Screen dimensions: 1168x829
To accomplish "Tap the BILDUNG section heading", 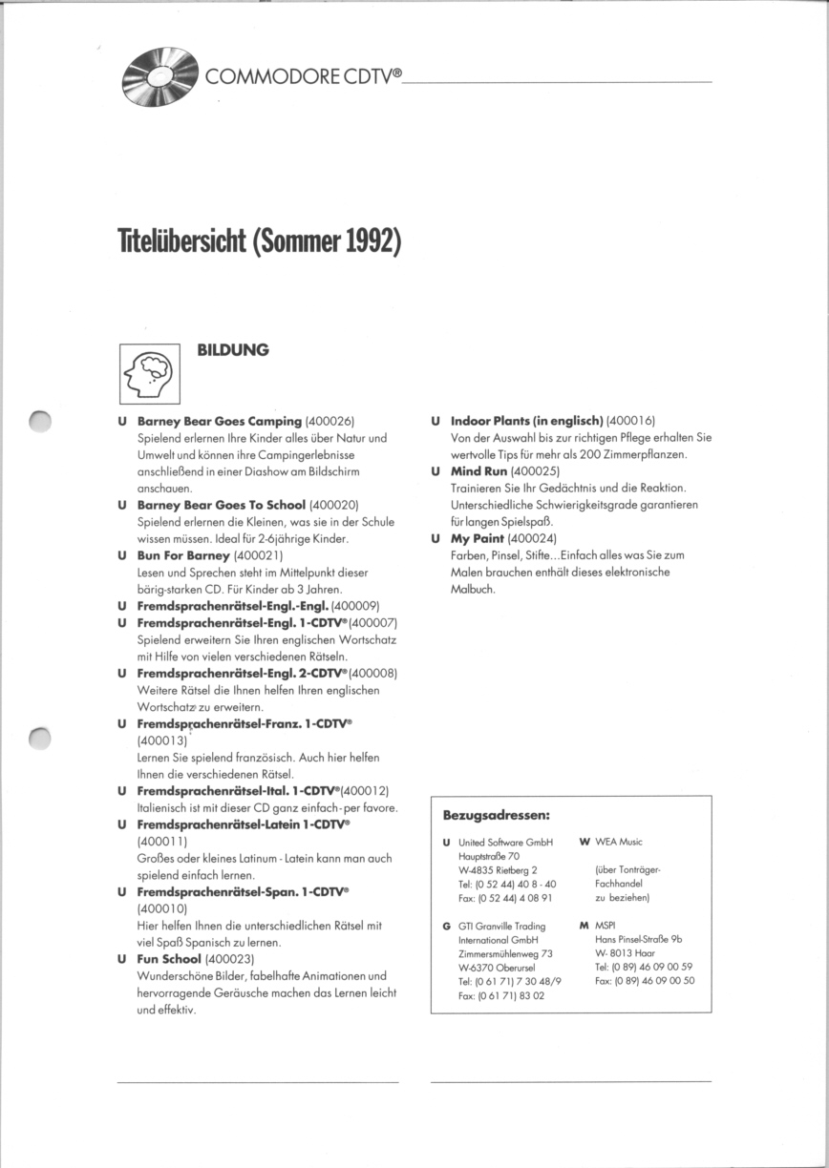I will click(x=232, y=350).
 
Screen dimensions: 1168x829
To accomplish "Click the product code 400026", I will click(x=330, y=421).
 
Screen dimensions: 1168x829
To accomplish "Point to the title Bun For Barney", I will click(x=183, y=554).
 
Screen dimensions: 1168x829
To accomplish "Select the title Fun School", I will click(x=169, y=958).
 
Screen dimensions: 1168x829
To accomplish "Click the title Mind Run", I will click(x=478, y=471).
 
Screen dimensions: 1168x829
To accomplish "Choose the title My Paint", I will click(x=477, y=538).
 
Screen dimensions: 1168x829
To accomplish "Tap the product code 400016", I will click(x=631, y=421).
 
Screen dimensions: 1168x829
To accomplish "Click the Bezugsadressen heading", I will click(x=496, y=816).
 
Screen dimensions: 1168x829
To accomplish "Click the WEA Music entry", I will click(x=618, y=842).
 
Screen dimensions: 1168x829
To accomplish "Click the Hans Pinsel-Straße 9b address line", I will click(x=638, y=939).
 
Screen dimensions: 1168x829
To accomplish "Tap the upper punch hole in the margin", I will click(x=40, y=421).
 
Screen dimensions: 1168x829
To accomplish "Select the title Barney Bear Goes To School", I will click(x=222, y=504).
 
